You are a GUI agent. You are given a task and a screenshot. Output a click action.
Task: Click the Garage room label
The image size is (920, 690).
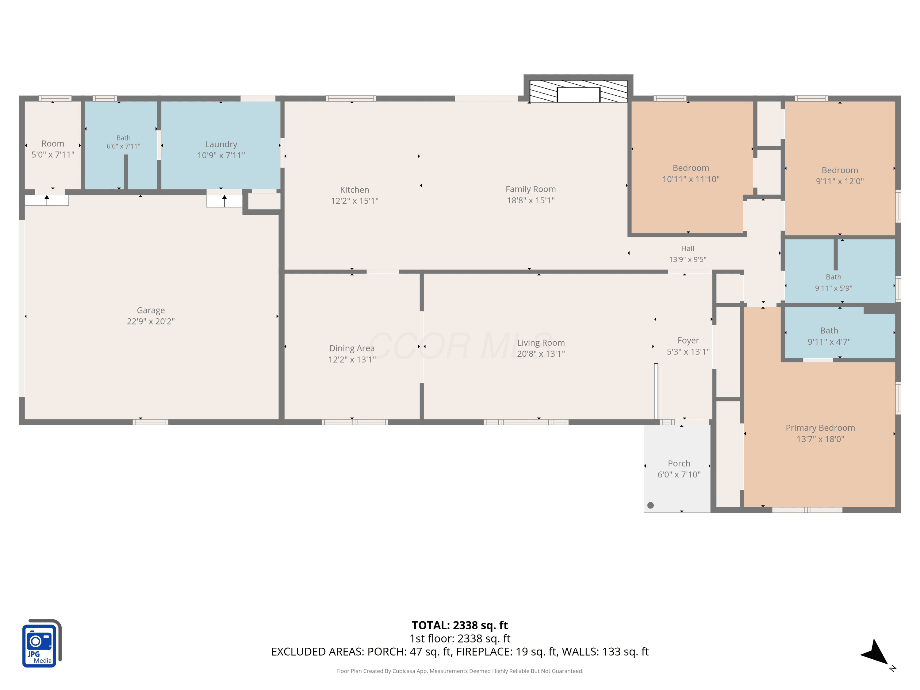(151, 310)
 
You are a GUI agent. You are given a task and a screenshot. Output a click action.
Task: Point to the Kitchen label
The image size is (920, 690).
(355, 190)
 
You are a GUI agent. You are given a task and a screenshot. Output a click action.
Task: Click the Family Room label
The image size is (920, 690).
(531, 189)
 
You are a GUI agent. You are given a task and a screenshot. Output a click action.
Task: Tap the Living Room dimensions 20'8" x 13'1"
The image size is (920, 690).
(541, 354)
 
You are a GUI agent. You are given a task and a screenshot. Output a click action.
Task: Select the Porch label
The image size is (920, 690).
(679, 463)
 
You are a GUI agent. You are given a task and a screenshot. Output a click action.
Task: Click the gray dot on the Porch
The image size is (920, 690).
(650, 505)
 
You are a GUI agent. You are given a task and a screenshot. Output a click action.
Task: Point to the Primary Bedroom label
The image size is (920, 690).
(820, 428)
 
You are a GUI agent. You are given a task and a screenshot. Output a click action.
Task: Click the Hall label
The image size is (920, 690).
(688, 248)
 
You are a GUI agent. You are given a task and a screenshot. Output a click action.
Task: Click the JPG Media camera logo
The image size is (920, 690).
(42, 643)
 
